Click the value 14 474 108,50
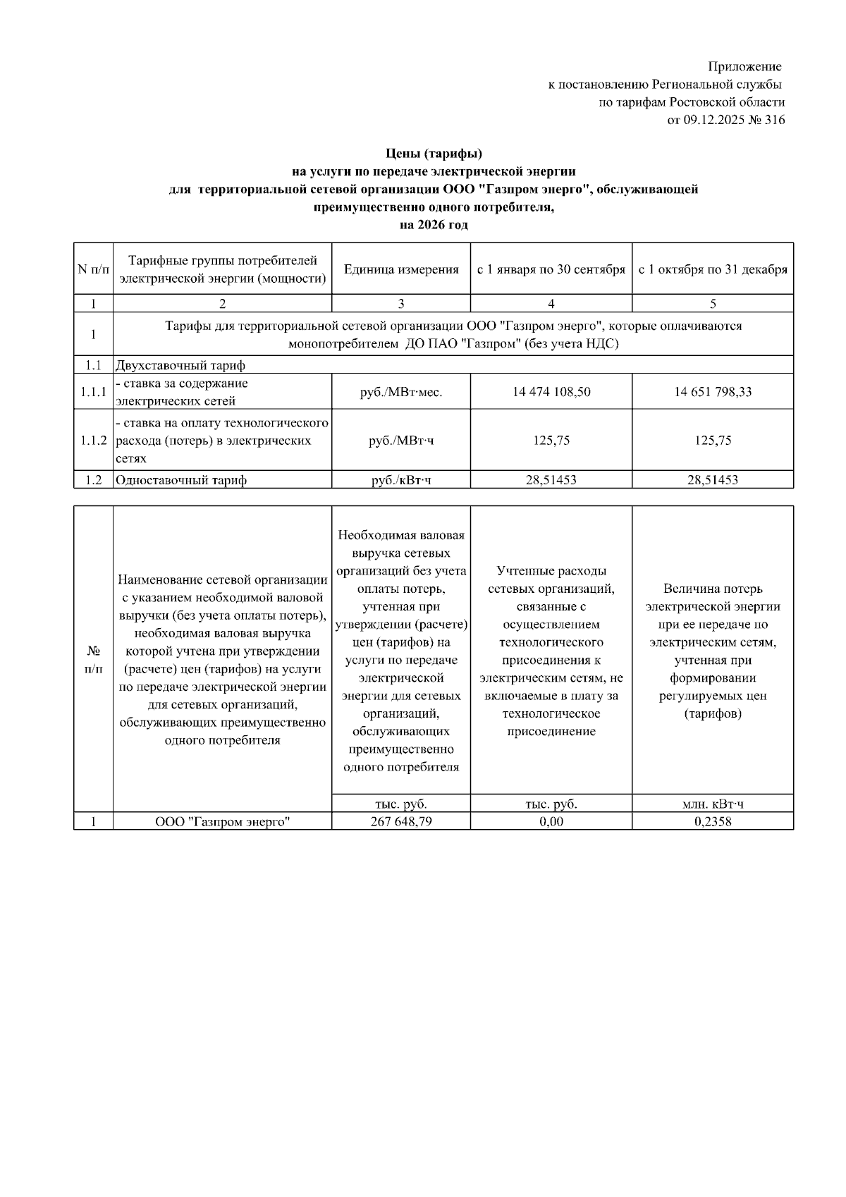(551, 392)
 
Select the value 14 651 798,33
(713, 392)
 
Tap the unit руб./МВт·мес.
(400, 392)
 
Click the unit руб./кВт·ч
(400, 481)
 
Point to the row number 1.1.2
(93, 441)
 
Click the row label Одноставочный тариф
(181, 481)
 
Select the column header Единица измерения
(400, 269)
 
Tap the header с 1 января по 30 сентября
(551, 269)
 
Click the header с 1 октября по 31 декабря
(713, 269)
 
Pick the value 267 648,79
(400, 821)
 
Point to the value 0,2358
(713, 821)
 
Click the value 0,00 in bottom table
(551, 821)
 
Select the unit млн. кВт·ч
(713, 804)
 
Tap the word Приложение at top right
(744, 67)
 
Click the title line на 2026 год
(433, 226)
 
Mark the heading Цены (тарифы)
(433, 153)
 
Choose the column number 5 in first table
(713, 304)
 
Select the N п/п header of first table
(93, 269)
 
